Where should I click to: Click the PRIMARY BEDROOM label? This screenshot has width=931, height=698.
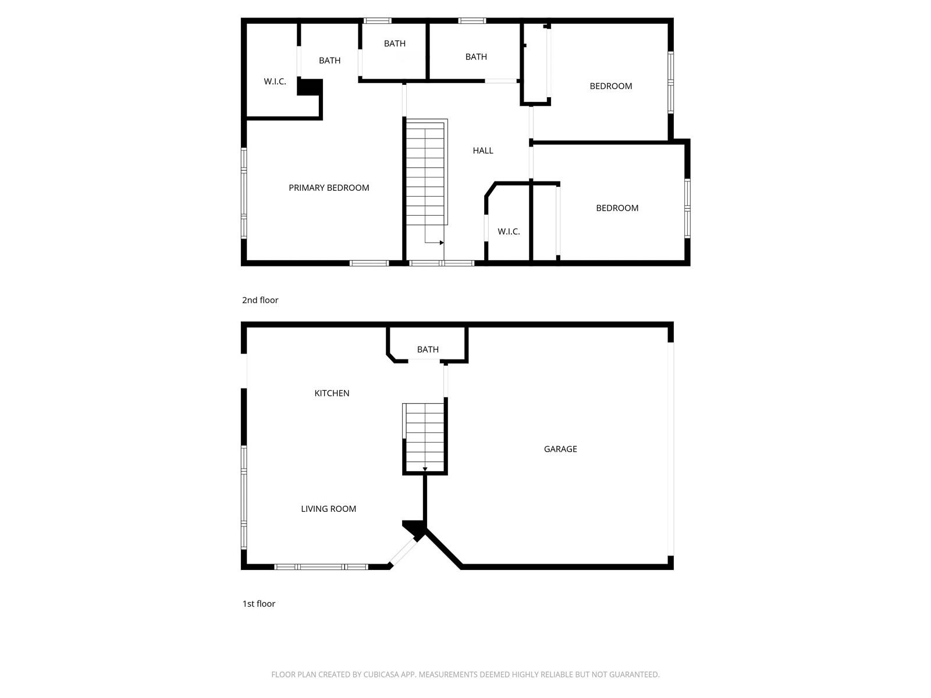329,188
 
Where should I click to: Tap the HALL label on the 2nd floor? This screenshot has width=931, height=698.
483,151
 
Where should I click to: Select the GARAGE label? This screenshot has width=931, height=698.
560,449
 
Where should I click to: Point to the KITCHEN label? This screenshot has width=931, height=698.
332,393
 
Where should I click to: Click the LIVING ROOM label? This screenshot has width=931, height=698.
328,508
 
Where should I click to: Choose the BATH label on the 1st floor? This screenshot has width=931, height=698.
428,349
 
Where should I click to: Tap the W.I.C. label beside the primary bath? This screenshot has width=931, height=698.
275,81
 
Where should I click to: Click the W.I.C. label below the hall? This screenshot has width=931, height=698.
509,232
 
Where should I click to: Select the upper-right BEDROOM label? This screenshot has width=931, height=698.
611,86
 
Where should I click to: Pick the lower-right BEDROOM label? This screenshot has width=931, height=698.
617,208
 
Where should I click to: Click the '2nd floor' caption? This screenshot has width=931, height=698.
260,300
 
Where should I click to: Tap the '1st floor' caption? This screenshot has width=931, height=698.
259,604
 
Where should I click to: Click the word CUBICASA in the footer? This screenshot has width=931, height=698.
380,674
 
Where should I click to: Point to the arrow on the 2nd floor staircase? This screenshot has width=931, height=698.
434,243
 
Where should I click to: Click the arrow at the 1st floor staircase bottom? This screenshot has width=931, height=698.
425,469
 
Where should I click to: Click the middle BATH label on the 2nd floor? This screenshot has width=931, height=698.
395,43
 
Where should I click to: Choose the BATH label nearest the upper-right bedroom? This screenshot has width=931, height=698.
476,57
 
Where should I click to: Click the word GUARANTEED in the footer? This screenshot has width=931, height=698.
634,674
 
